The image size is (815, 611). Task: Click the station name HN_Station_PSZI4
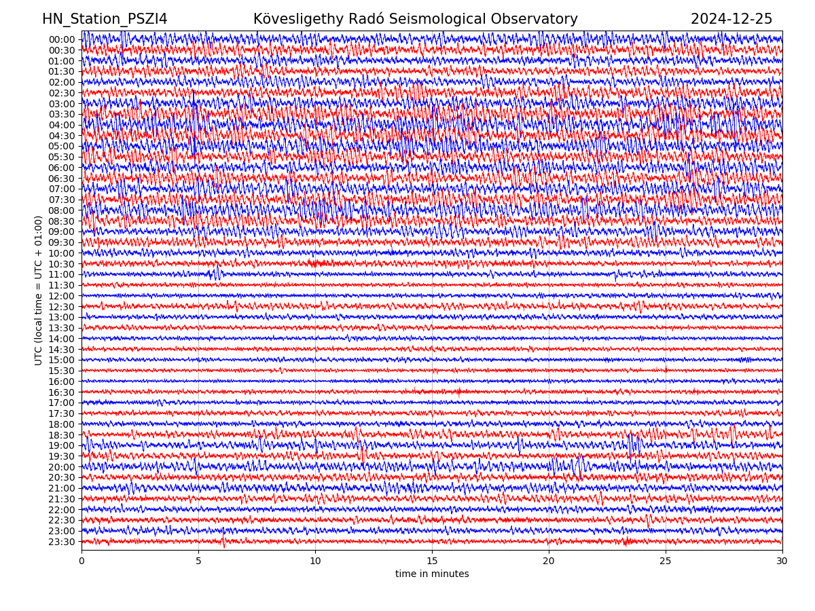click(x=105, y=19)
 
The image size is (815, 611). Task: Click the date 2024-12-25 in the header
click(x=731, y=19)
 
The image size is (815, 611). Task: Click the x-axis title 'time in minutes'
click(x=432, y=574)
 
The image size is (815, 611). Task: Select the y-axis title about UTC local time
click(x=39, y=290)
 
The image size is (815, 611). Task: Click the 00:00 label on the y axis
click(x=61, y=39)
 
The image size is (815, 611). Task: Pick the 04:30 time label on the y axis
click(x=61, y=136)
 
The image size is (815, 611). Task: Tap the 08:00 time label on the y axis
click(x=61, y=210)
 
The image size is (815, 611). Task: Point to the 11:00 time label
click(x=61, y=275)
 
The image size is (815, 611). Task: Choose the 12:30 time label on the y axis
click(x=61, y=307)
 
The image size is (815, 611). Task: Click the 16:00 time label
click(x=61, y=382)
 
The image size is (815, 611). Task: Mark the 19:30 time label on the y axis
click(x=61, y=456)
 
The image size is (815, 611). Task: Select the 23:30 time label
click(x=61, y=542)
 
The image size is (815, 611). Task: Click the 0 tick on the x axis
click(x=81, y=561)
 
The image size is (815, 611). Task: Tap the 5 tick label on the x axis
click(x=198, y=561)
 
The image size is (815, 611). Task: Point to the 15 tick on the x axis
click(x=432, y=561)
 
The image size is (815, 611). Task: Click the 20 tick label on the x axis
click(x=549, y=561)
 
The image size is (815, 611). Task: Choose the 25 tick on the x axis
click(x=666, y=561)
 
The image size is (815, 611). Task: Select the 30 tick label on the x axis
click(x=782, y=561)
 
